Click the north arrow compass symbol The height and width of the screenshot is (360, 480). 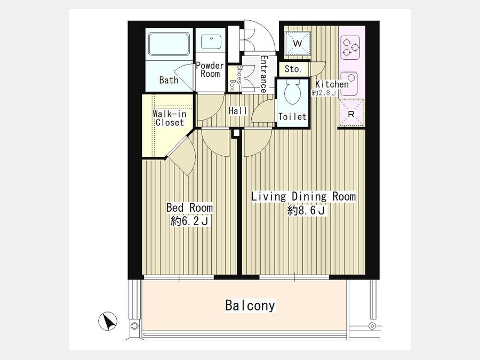click(108, 321)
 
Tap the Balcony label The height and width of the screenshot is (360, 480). click(250, 306)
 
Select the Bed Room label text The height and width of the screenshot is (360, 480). click(189, 207)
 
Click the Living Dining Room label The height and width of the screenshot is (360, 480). click(303, 196)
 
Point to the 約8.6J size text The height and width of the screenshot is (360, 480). click(306, 211)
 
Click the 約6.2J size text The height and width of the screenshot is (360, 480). click(189, 221)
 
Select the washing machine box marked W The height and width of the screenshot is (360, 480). click(297, 43)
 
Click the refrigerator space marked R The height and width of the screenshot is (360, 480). click(351, 114)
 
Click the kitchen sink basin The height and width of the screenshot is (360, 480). click(349, 84)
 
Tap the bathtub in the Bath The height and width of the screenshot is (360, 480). click(169, 44)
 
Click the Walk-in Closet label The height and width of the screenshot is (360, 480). click(169, 118)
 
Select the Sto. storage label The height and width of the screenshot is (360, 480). click(293, 69)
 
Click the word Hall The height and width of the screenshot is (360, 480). click(238, 111)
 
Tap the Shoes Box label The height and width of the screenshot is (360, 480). click(235, 78)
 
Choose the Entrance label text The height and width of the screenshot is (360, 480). click(263, 74)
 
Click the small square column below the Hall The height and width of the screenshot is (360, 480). click(236, 133)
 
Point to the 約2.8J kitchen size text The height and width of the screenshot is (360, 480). click(324, 92)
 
